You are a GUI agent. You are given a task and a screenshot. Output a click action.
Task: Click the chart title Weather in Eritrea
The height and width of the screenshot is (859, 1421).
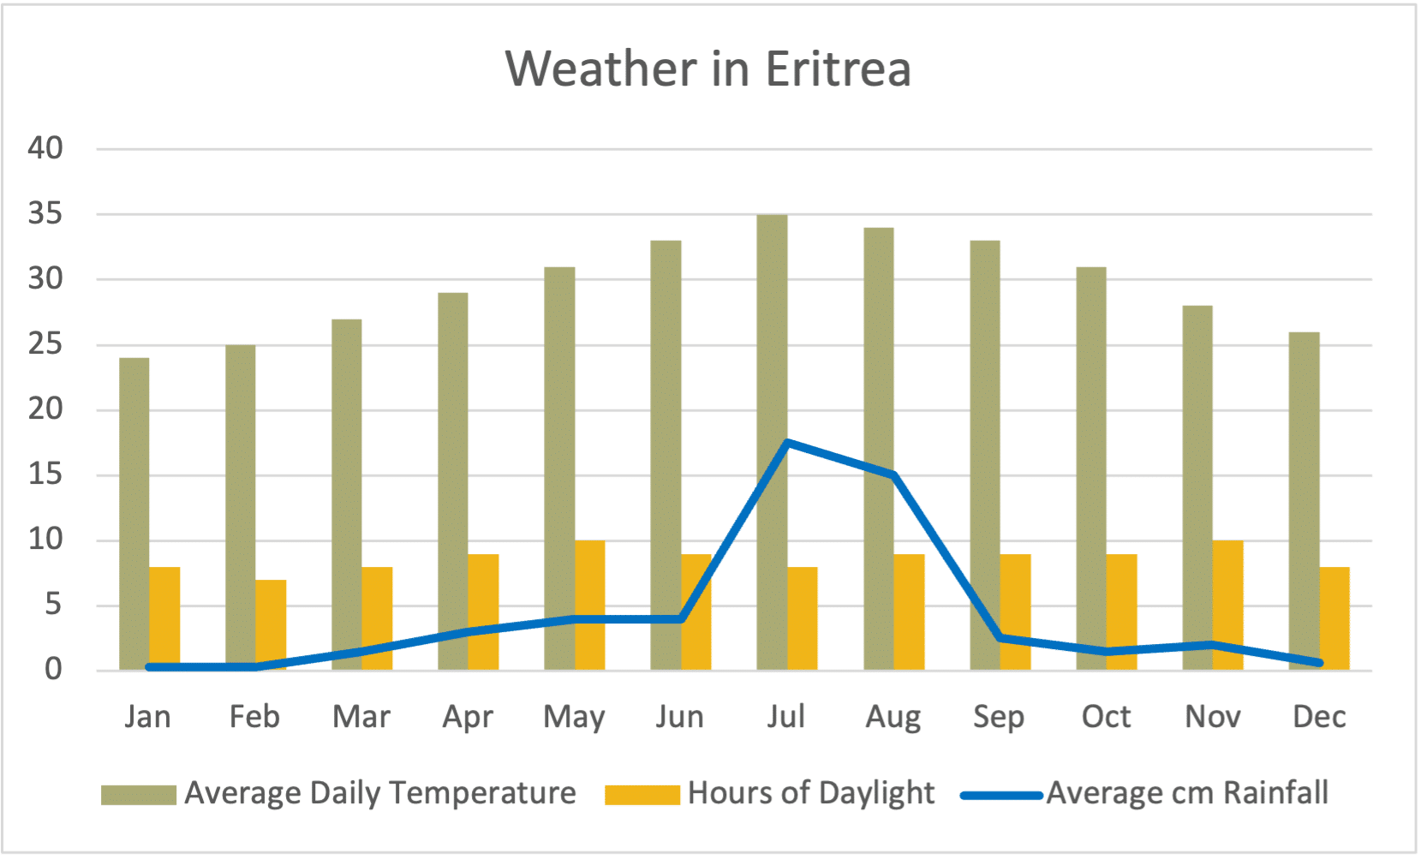[x=708, y=69]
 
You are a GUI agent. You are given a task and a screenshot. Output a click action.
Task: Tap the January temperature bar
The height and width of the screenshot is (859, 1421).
[x=134, y=514]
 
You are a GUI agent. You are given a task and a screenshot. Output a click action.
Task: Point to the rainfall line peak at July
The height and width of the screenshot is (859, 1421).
[x=787, y=443]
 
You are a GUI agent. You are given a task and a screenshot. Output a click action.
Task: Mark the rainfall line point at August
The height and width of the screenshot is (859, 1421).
[x=893, y=474]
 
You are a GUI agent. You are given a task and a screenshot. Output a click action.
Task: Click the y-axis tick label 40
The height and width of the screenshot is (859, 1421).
[x=45, y=148]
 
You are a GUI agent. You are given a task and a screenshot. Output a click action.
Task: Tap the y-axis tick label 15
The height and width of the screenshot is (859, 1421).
[x=45, y=474]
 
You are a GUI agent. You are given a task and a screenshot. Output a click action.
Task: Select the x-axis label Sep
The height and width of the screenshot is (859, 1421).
[x=999, y=717]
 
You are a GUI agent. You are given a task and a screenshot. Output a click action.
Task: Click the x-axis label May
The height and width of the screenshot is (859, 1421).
[x=574, y=717]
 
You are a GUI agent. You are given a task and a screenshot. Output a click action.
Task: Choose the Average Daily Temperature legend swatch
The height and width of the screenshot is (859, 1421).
[x=138, y=795]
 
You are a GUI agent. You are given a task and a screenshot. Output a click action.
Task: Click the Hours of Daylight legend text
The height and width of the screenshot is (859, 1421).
[x=810, y=793]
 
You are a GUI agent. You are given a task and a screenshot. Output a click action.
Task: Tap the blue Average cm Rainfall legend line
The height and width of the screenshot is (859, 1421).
[x=1000, y=796]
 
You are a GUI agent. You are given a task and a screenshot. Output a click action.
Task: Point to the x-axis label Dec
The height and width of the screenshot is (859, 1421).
[x=1319, y=717]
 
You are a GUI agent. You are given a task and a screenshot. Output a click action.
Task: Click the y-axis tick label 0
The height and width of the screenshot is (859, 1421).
[x=53, y=670]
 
